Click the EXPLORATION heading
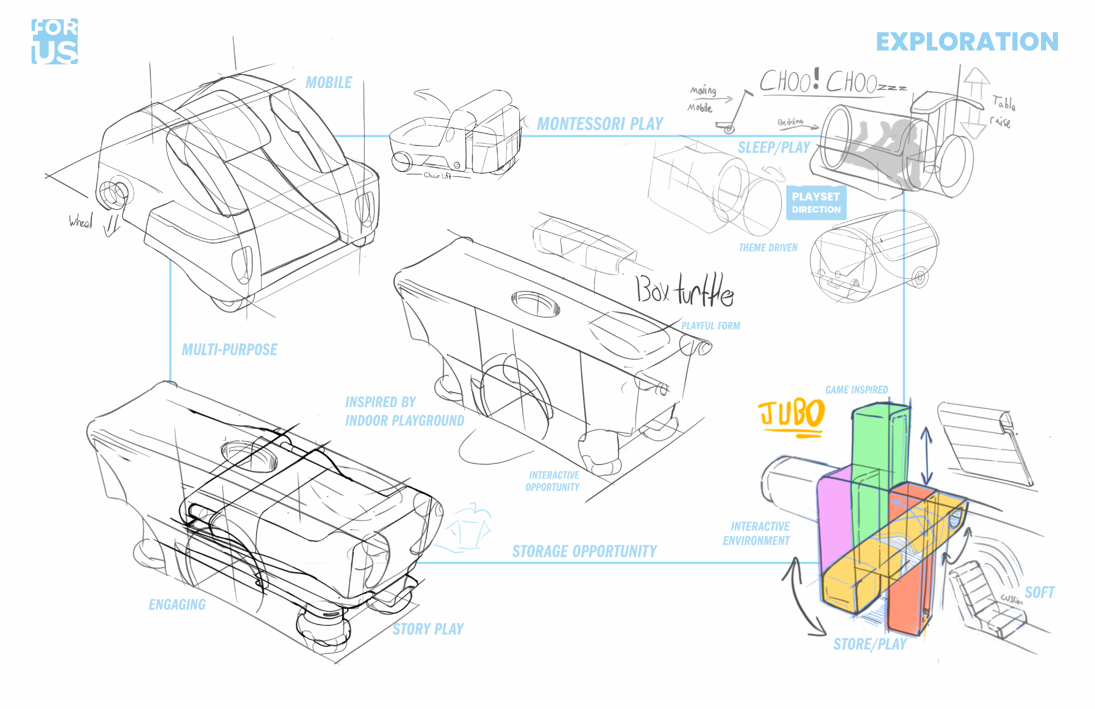(967, 42)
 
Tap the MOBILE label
(328, 83)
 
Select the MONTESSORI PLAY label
(600, 124)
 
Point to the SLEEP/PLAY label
(774, 148)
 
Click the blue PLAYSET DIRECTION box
(816, 203)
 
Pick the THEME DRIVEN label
(768, 248)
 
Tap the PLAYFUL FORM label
(710, 326)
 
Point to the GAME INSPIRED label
(856, 390)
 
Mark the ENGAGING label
(177, 605)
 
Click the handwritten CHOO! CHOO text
(824, 82)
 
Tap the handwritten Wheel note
(80, 222)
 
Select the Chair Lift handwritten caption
(437, 175)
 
